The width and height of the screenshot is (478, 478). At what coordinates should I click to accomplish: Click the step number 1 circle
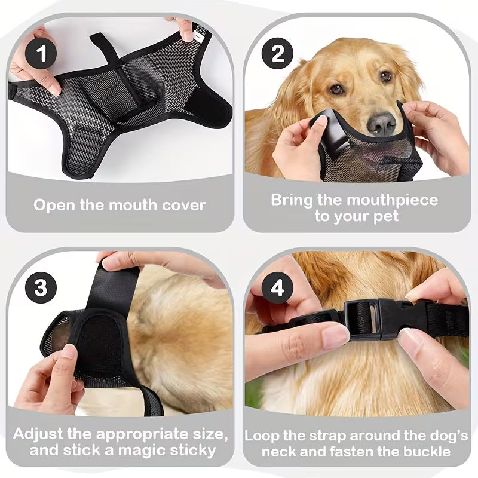[41, 54]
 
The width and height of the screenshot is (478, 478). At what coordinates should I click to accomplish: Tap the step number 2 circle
[278, 54]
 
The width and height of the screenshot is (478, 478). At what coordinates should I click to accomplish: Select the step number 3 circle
[41, 289]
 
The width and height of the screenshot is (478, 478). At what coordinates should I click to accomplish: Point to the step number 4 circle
[278, 289]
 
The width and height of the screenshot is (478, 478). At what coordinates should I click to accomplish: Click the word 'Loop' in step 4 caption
[263, 436]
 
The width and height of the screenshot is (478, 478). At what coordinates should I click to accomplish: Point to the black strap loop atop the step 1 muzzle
[105, 45]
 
